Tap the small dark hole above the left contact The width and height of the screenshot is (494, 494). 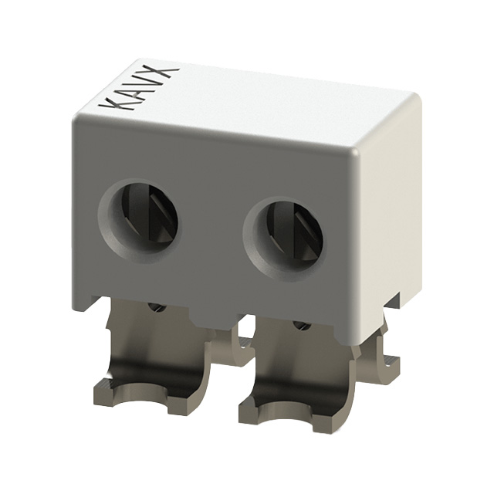pyautogui.click(x=159, y=307)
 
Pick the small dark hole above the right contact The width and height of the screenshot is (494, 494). pyautogui.click(x=303, y=326)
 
